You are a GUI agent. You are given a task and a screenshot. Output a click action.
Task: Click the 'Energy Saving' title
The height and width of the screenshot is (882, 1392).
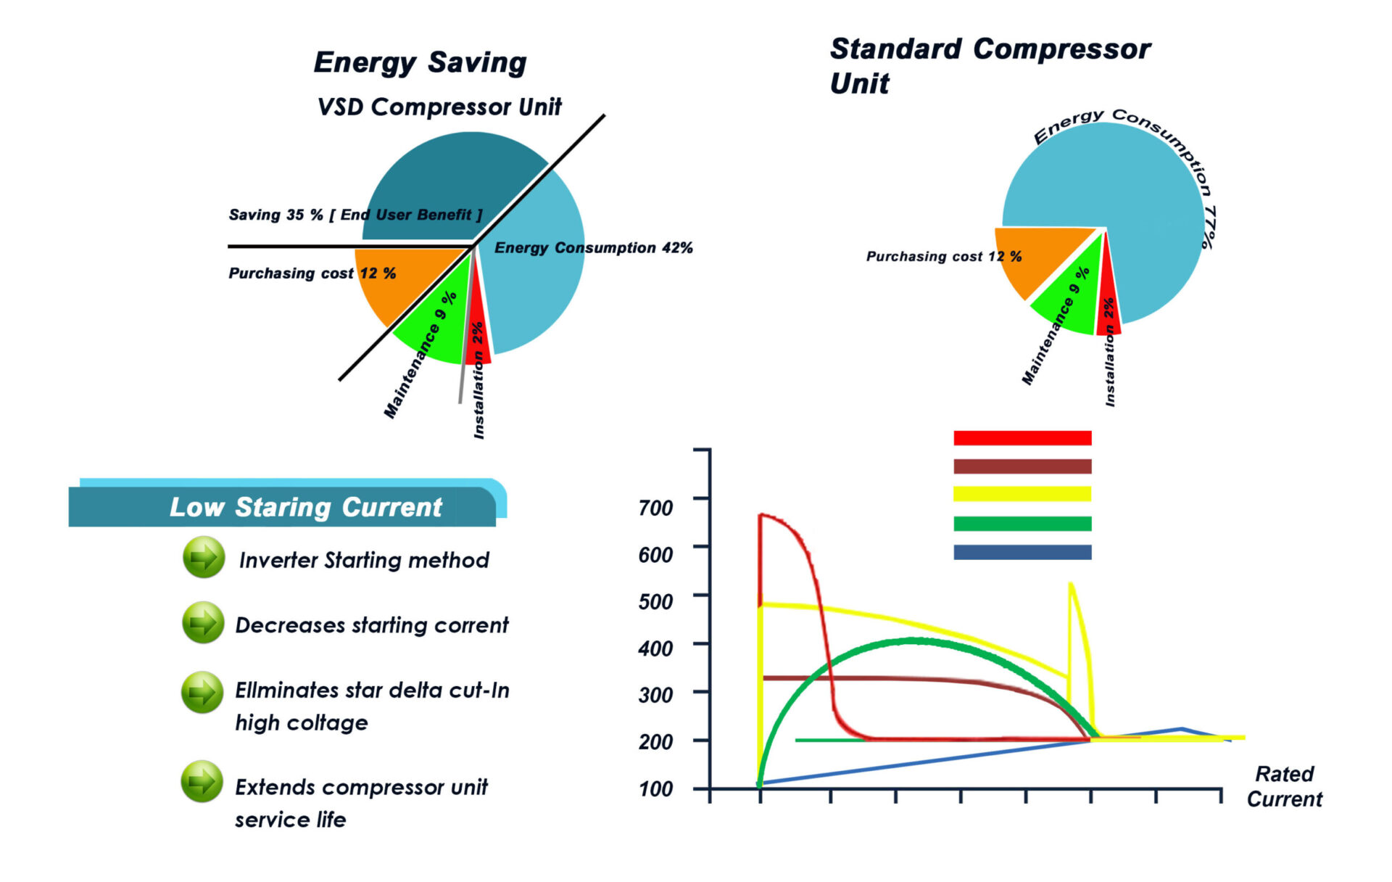tap(420, 63)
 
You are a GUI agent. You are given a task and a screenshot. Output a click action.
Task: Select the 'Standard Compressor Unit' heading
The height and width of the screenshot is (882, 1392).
tap(989, 65)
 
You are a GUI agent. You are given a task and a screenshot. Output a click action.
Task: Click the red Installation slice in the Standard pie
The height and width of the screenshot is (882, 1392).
tap(1108, 312)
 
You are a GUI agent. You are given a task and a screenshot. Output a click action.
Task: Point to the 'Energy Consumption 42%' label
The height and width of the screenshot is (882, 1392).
tap(593, 248)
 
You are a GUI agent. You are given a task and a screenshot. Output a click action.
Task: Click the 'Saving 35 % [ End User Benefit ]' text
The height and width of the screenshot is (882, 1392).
tap(355, 215)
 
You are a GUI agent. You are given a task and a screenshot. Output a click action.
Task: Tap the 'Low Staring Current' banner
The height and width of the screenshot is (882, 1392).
tap(305, 507)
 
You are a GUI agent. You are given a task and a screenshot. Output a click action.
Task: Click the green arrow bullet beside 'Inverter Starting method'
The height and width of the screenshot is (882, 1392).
tap(204, 557)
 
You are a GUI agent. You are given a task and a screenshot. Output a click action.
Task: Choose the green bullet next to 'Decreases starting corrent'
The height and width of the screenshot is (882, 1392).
tap(203, 622)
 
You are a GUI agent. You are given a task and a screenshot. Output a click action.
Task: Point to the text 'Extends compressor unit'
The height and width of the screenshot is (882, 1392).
tap(361, 787)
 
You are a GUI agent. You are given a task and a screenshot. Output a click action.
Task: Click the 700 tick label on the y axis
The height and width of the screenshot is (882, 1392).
tap(655, 508)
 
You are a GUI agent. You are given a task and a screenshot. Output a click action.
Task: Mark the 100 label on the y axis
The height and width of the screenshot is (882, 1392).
tap(655, 788)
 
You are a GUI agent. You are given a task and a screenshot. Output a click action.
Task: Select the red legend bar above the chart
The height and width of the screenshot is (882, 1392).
tap(1022, 438)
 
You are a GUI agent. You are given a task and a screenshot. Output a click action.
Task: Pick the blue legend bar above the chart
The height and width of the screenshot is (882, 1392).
tap(1022, 552)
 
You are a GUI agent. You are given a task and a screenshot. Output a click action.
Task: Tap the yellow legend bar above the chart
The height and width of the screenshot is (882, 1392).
tap(1022, 494)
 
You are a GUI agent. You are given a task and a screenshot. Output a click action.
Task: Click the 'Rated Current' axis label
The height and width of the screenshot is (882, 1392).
tap(1284, 786)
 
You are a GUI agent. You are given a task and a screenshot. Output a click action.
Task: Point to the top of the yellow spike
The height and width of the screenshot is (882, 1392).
tap(1070, 584)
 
